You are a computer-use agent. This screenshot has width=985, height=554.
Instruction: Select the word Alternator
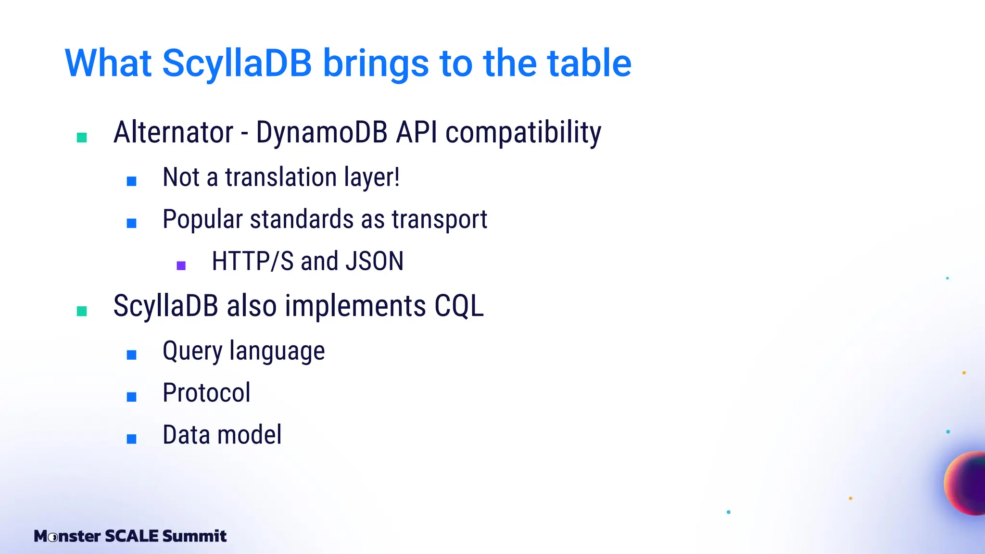point(173,132)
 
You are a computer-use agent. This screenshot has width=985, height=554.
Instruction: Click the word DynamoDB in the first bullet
point(321,132)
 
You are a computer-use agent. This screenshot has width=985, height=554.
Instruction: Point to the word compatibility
point(523,132)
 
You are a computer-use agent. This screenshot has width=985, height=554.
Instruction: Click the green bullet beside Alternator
point(82,138)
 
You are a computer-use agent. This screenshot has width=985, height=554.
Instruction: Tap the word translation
point(281,177)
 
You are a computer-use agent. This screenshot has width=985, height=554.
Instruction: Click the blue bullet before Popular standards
point(131,223)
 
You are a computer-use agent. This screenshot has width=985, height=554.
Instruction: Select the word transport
point(439,219)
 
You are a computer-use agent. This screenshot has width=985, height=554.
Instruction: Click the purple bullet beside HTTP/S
point(181,265)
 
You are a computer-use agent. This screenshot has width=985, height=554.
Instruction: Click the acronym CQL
point(459,306)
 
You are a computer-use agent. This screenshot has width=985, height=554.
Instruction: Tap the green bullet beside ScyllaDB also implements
point(82,312)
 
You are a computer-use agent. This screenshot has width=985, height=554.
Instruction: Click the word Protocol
point(206,393)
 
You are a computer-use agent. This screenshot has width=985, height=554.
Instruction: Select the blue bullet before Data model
point(131,439)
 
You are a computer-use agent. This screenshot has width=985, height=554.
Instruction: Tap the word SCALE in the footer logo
point(131,536)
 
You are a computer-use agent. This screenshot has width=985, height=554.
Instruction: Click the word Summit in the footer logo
point(194,536)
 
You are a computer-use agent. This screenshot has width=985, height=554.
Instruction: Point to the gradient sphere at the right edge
point(967,483)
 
